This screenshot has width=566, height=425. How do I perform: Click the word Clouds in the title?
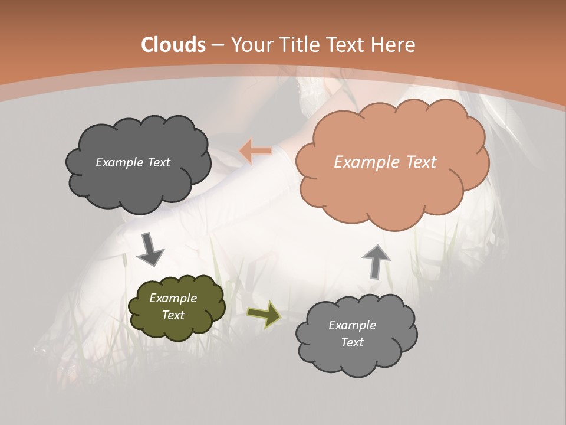173,45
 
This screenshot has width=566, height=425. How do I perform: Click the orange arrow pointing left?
255,151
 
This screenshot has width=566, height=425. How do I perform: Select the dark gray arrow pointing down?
150,250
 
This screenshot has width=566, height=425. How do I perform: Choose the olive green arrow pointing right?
264,314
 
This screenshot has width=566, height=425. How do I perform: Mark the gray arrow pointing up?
376,261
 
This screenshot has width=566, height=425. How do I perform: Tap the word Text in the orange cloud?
420,162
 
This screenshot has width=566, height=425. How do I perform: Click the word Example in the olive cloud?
173,298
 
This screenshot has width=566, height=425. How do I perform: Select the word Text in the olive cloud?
173,315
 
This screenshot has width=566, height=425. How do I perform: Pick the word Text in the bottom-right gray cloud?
352,342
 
